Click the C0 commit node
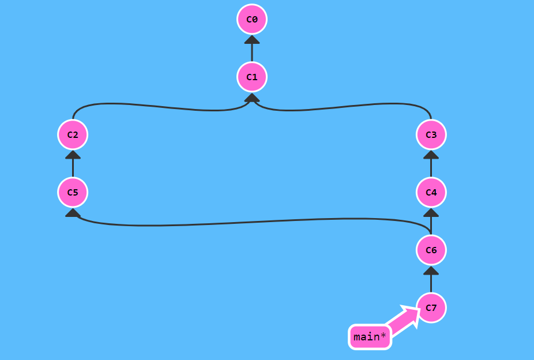click(252, 19)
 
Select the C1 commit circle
click(252, 77)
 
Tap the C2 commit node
click(73, 134)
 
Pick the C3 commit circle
click(431, 134)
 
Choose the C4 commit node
click(431, 192)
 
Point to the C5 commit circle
click(73, 192)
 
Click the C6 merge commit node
click(431, 250)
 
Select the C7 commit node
click(431, 307)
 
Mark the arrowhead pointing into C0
click(252, 40)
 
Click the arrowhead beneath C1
click(252, 97)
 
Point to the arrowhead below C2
click(73, 155)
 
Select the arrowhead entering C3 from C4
click(431, 155)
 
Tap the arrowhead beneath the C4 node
click(431, 212)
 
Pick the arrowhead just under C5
click(73, 213)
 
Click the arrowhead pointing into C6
click(431, 270)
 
